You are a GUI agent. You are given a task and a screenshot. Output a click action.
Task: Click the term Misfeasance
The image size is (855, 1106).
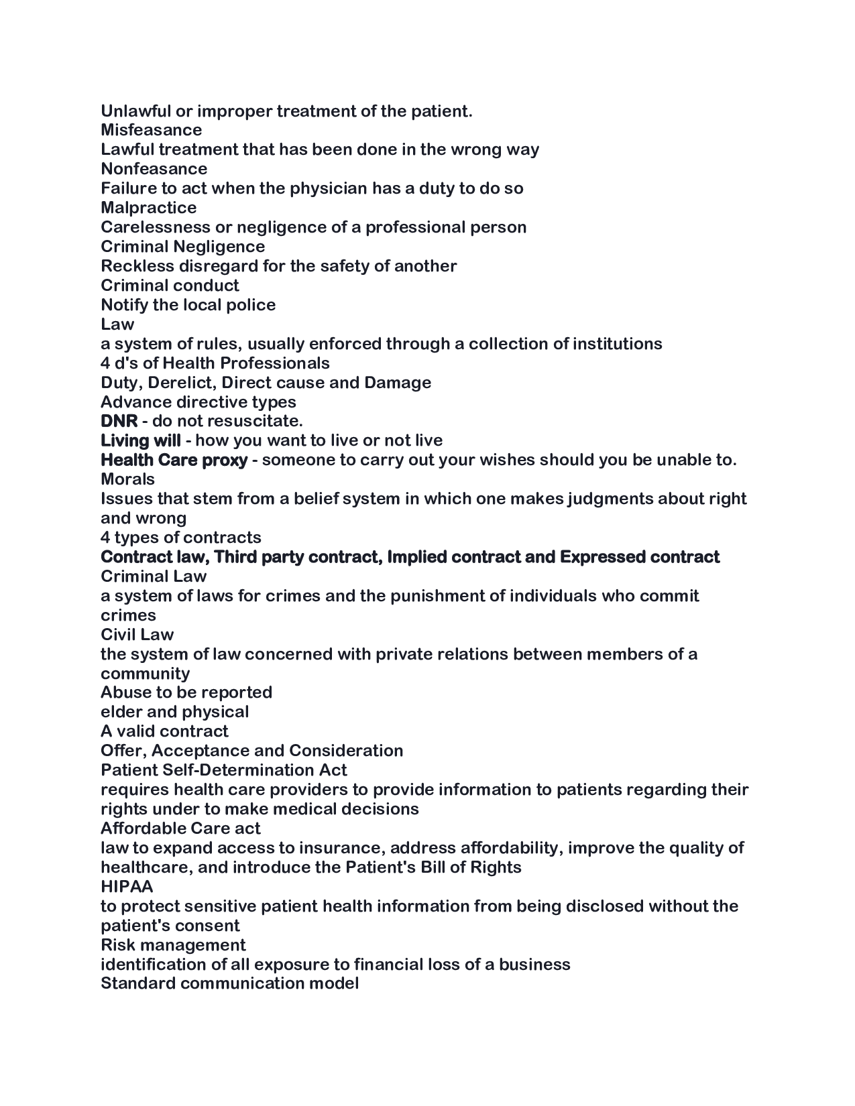(x=151, y=130)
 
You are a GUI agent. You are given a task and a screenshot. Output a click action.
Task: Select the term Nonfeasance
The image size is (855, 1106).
(x=154, y=169)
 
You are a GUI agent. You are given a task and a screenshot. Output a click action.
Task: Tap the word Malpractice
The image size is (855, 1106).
(x=148, y=208)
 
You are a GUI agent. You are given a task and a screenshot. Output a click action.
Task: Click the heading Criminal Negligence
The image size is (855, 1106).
(x=182, y=247)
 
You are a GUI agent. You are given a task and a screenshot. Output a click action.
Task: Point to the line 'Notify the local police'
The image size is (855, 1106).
(x=188, y=305)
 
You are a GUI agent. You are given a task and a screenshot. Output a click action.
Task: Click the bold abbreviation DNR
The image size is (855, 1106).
(x=119, y=422)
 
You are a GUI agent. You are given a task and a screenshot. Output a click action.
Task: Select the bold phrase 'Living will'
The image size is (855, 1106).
(x=140, y=441)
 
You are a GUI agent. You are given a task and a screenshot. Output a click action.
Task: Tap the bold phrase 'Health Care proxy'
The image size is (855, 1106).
(x=174, y=460)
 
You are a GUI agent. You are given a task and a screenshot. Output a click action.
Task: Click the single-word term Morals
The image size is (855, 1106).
(x=127, y=480)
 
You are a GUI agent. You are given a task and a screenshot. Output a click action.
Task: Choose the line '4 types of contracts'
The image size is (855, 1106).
(x=180, y=538)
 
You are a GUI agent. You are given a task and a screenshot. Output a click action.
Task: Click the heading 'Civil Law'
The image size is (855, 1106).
(x=137, y=635)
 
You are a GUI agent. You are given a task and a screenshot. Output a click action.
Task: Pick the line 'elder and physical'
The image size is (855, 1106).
(x=174, y=712)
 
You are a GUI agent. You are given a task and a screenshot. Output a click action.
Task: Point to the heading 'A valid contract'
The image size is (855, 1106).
(x=164, y=731)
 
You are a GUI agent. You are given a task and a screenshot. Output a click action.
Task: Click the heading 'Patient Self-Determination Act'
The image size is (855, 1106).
(x=224, y=770)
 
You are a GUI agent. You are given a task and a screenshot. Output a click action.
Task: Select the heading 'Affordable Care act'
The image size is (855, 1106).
(x=180, y=828)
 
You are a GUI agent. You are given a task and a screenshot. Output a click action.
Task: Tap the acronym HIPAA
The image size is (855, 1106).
(x=127, y=887)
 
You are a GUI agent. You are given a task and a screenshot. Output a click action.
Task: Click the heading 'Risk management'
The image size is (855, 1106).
(x=173, y=945)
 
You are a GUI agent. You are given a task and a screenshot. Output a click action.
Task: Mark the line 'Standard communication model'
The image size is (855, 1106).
(x=229, y=984)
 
